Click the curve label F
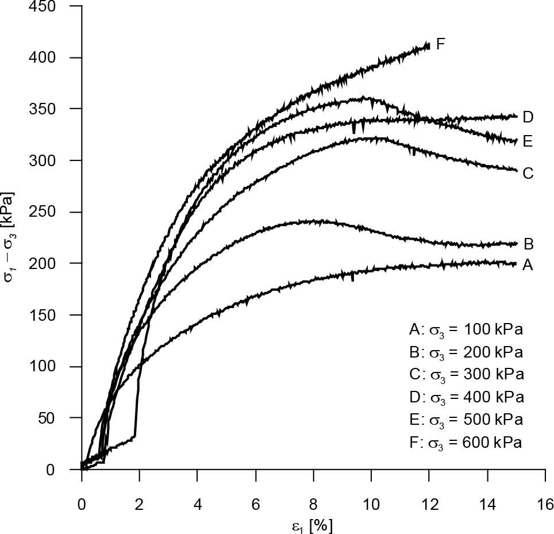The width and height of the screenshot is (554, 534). pos(441,44)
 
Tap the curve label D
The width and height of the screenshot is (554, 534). pos(528,117)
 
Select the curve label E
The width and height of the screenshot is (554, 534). pos(528,140)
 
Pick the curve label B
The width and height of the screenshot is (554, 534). pos(528,244)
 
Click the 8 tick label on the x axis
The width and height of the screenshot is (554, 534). pos(313,505)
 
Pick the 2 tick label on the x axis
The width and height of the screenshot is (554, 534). pos(140,505)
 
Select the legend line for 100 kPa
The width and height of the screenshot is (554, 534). pos(466,330)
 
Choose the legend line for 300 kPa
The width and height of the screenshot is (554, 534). pos(466,375)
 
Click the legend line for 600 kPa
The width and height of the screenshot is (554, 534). pos(466,443)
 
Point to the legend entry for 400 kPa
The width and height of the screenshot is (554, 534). pos(466,397)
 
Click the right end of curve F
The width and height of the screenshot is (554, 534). pos(428,45)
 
